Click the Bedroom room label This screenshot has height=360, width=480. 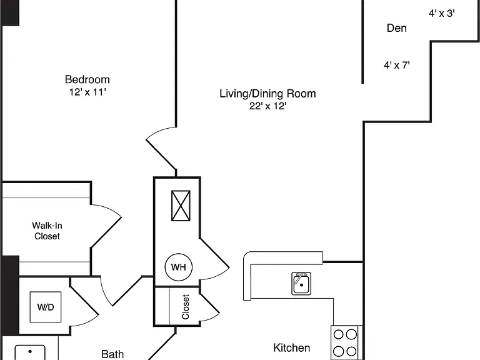tap(87, 79)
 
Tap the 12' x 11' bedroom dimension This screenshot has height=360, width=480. tap(87, 92)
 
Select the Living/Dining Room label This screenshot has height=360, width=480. tap(267, 94)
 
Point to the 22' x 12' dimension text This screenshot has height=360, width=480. tap(268, 106)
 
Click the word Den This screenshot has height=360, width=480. tap(397, 28)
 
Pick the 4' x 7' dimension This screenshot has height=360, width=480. tap(397, 65)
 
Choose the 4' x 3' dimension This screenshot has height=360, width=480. tap(442, 14)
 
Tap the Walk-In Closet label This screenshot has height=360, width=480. tap(47, 231)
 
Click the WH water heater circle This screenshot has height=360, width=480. tap(179, 267)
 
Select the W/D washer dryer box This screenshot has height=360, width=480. tap(46, 307)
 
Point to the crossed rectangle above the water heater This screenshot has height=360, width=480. tap(181, 206)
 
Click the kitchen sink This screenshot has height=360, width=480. tap(301, 284)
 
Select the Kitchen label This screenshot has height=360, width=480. tap(291, 347)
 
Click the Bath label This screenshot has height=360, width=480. tap(112, 354)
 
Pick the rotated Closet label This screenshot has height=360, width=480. tap(186, 307)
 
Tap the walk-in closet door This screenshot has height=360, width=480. tap(106, 226)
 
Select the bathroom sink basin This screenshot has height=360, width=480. tap(30, 352)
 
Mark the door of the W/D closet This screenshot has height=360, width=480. tap(84, 306)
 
